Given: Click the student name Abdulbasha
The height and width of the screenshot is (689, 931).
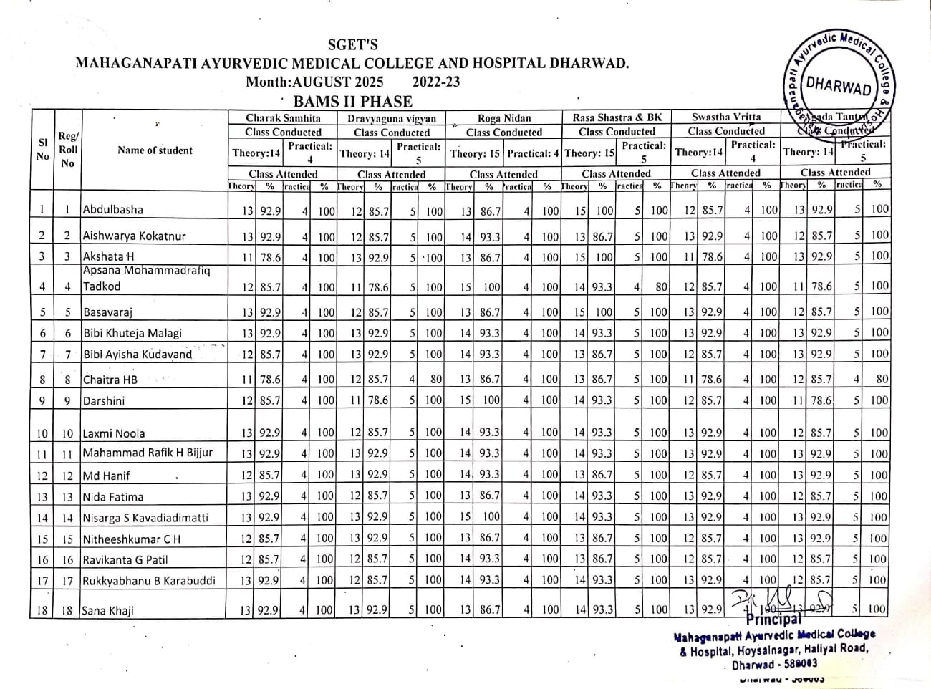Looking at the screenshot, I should pyautogui.click(x=113, y=210).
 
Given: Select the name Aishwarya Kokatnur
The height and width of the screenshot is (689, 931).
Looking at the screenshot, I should pyautogui.click(x=134, y=236).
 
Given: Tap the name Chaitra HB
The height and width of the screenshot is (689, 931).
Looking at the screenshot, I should pyautogui.click(x=110, y=380).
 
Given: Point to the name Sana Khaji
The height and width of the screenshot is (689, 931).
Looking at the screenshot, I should pyautogui.click(x=107, y=610).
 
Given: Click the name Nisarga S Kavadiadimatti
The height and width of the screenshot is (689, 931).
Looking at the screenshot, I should pyautogui.click(x=145, y=517).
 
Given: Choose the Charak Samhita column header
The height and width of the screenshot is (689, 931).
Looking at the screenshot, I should pyautogui.click(x=283, y=117).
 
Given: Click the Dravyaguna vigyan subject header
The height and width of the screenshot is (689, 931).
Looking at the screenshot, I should pyautogui.click(x=391, y=118).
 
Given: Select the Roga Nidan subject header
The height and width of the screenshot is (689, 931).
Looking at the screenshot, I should pyautogui.click(x=503, y=118).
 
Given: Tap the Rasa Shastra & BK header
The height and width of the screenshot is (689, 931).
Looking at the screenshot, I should pyautogui.click(x=617, y=117).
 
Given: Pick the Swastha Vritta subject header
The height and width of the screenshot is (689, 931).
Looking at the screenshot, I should pyautogui.click(x=726, y=117).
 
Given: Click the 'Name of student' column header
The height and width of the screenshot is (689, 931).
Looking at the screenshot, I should pyautogui.click(x=155, y=150).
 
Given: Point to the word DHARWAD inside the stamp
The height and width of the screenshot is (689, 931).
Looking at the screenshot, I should pyautogui.click(x=838, y=86).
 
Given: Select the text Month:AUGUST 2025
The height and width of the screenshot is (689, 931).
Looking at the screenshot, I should pyautogui.click(x=314, y=82).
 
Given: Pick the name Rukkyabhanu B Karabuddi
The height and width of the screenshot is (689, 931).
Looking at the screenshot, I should pyautogui.click(x=148, y=581).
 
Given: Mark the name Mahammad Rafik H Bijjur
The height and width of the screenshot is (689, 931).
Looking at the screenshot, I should pyautogui.click(x=147, y=453).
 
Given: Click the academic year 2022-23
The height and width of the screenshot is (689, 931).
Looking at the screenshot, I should pyautogui.click(x=436, y=82).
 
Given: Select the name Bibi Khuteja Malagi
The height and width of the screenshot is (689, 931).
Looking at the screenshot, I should pyautogui.click(x=132, y=333).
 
